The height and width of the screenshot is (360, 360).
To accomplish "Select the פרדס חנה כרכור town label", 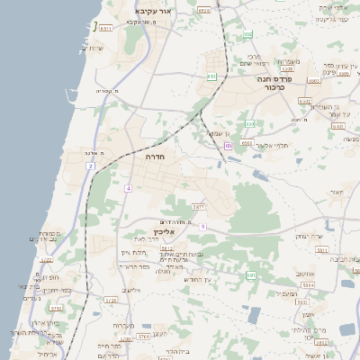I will (x=268, y=83).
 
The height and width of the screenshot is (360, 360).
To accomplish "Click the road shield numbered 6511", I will (x=106, y=30).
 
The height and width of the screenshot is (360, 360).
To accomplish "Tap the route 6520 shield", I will (x=203, y=11).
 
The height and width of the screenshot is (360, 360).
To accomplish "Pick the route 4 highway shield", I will (x=129, y=188).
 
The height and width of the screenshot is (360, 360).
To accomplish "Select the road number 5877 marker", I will (x=199, y=208).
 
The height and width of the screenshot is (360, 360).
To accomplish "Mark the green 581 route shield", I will (x=251, y=274).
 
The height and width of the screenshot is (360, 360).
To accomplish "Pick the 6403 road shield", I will (x=305, y=102).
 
